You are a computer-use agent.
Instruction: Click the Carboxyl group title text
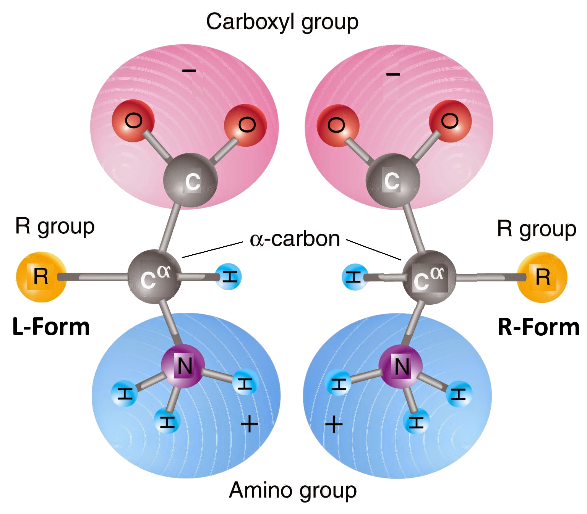click(282, 22)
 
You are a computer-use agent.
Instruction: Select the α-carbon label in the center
click(295, 239)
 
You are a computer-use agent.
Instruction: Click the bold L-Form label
click(51, 327)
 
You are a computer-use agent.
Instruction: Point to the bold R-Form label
click(538, 327)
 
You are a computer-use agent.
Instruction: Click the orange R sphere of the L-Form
click(41, 277)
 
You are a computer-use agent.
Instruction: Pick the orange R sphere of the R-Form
click(542, 277)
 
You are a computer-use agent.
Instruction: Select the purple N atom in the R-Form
click(401, 367)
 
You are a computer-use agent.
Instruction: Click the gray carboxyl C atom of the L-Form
click(191, 181)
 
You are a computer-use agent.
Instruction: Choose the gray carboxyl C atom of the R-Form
click(392, 181)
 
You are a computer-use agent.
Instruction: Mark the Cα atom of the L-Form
click(154, 277)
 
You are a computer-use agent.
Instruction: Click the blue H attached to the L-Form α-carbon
click(229, 276)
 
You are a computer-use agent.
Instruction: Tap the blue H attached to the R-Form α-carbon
click(354, 277)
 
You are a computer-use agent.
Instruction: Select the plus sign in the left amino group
click(250, 424)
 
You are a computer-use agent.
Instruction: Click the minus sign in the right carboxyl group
click(393, 74)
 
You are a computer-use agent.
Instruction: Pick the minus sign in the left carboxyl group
click(189, 71)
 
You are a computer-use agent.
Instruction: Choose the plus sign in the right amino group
click(334, 424)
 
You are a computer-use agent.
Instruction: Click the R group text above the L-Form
click(55, 226)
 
